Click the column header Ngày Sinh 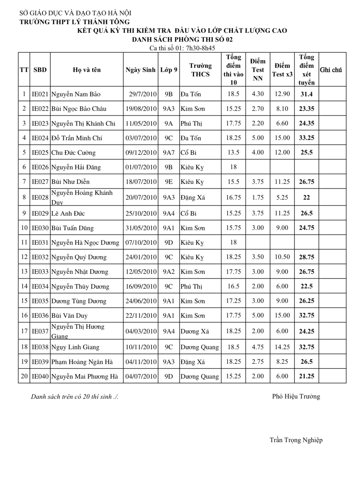(140, 70)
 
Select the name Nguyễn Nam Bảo (76, 94)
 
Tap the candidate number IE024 (40, 138)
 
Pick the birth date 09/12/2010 (141, 153)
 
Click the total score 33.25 (307, 138)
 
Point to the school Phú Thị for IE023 (191, 123)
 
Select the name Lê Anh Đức (68, 213)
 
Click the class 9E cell (168, 182)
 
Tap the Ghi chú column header (331, 70)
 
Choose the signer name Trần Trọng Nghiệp (296, 440)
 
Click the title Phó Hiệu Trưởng (296, 396)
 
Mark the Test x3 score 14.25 (282, 347)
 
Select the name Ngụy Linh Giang (75, 347)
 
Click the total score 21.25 (307, 376)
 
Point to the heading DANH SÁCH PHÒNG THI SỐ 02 (182, 39)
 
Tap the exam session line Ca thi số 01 (182, 48)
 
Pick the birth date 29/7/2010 (143, 94)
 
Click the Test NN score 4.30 (258, 94)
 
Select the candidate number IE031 (40, 243)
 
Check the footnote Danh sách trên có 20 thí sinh (75, 397)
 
